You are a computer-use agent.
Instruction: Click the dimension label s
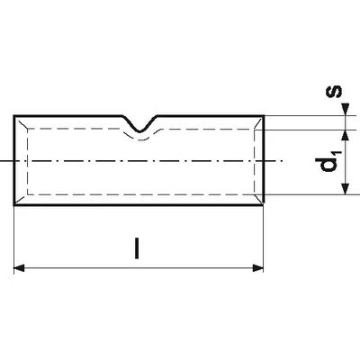coord(333,92)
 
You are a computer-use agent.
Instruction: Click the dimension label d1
coord(328,162)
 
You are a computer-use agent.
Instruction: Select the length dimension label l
coord(137,248)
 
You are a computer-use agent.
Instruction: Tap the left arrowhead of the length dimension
coord(19,268)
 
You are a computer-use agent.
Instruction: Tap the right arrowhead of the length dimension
coord(258,268)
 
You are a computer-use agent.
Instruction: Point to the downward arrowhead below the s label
coord(346,109)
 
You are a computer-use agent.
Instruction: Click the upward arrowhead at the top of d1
coord(346,136)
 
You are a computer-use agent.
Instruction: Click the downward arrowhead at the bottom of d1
coord(346,189)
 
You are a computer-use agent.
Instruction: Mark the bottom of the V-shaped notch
coord(139,131)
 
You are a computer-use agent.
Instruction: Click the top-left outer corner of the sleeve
coord(14,116)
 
